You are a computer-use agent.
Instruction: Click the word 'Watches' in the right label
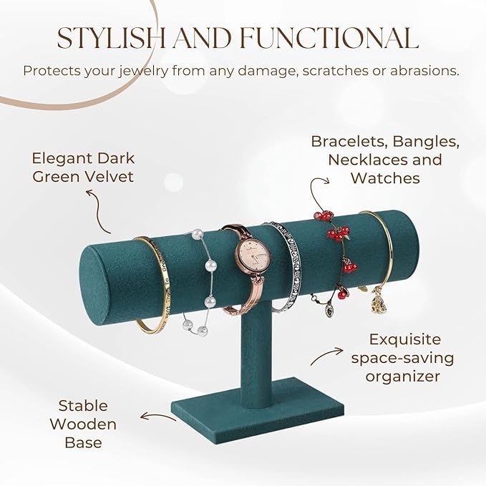[385, 178]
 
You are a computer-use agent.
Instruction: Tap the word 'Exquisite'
[406, 339]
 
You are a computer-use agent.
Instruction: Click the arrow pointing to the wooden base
[158, 415]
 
